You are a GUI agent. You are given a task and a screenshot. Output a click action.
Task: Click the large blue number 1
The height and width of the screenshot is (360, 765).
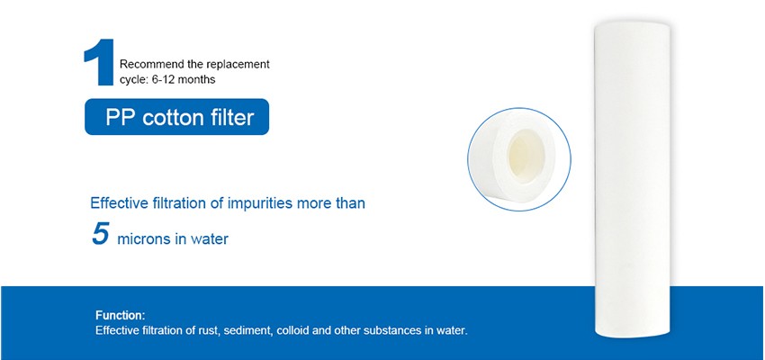coord(99,63)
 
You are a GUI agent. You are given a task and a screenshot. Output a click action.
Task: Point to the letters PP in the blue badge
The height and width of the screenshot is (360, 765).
coord(119,116)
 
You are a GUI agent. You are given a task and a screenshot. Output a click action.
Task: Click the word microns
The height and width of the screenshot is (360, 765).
coord(146,239)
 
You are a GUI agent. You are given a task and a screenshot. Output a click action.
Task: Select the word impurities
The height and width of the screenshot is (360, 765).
coord(263,203)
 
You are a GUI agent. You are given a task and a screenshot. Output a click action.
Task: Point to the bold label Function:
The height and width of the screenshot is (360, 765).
coord(120,316)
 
